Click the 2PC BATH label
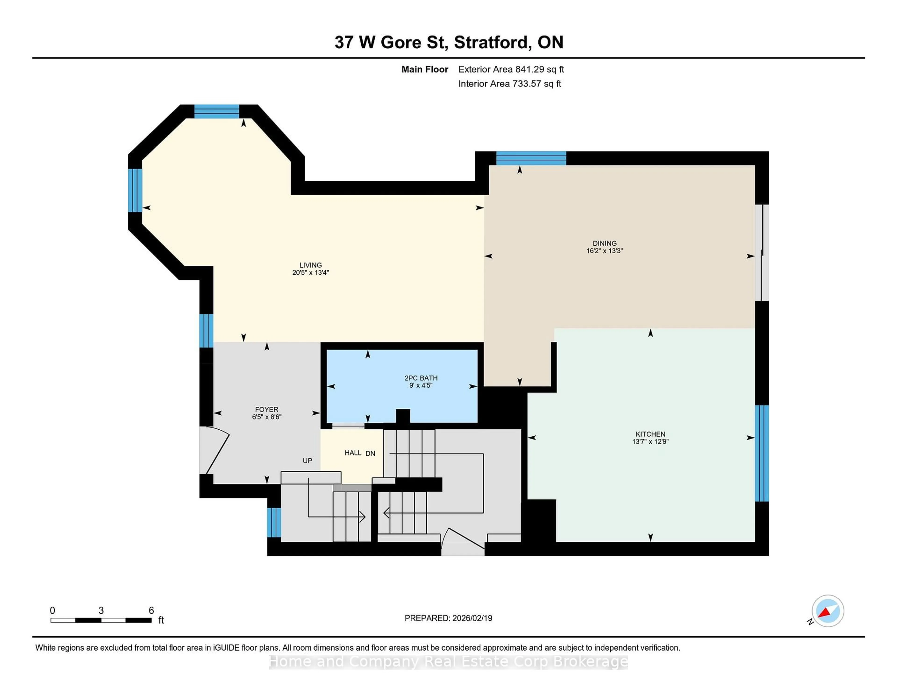(421, 378)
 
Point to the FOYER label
(267, 409)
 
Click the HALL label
(353, 453)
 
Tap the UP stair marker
(307, 461)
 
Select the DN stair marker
(370, 453)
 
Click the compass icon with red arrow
(828, 611)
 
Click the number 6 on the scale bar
(151, 611)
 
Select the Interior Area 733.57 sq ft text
(510, 84)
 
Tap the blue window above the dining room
(531, 158)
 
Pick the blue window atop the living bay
(217, 111)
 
